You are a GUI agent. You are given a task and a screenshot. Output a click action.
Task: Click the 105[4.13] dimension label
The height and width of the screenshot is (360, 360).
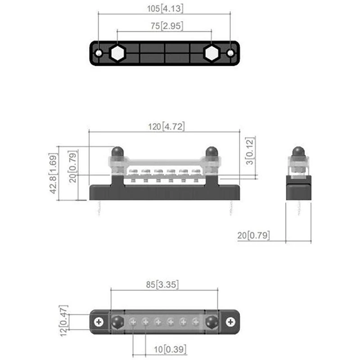[x=165, y=9]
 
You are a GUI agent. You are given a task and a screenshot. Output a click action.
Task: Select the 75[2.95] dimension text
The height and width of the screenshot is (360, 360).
[x=167, y=26]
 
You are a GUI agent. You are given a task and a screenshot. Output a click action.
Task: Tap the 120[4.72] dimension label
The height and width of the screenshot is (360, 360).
[x=166, y=127]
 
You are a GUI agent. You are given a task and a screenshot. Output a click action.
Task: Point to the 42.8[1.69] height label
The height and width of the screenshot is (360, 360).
[x=53, y=174]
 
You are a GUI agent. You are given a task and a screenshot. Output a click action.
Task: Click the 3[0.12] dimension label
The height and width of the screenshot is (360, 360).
[x=250, y=151]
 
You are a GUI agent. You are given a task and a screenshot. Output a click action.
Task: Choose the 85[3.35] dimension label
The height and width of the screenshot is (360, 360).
[x=162, y=285]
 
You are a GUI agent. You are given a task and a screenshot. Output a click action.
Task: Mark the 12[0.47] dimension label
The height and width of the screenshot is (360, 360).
[x=63, y=321]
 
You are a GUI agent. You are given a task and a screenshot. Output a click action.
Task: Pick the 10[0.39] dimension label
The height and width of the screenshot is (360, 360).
[x=170, y=350]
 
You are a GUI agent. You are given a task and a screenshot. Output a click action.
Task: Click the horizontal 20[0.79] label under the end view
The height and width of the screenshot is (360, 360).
[x=253, y=235]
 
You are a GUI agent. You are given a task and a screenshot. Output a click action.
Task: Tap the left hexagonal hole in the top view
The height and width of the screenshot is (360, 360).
[x=117, y=53]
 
